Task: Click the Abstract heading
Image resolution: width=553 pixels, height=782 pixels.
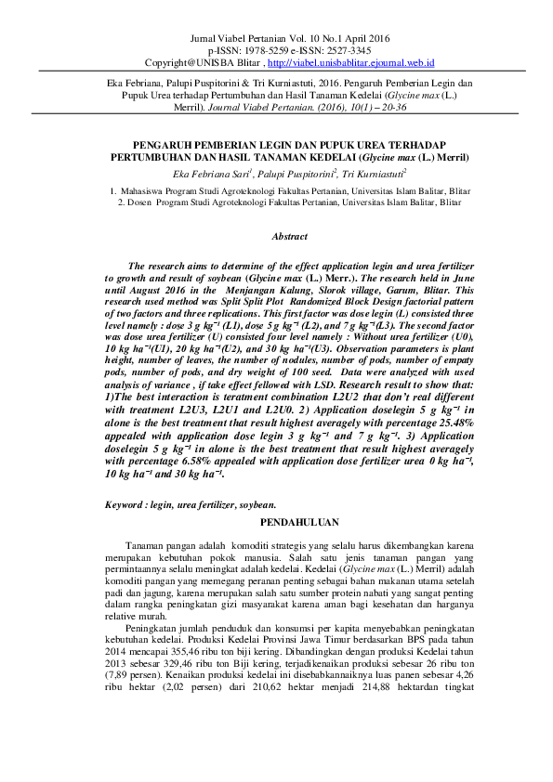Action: coord(289,237)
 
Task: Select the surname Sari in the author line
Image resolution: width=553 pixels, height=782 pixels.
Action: coord(236,173)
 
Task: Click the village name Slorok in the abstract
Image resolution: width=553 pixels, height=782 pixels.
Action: coord(283,288)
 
